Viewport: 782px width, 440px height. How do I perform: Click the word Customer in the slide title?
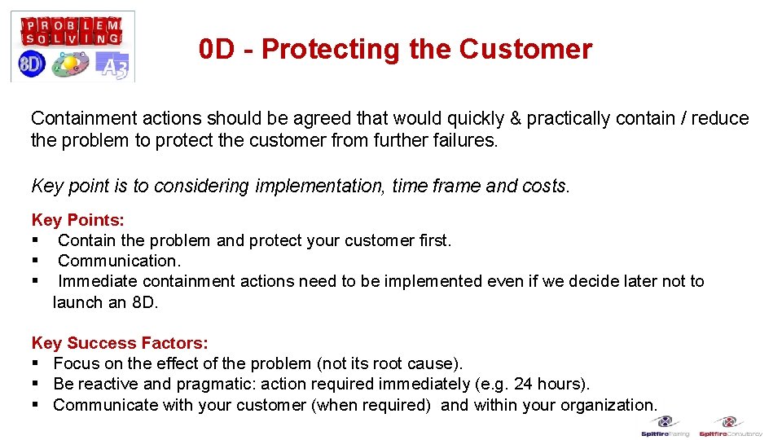pos(525,50)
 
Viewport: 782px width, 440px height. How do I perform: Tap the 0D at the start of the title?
pos(216,50)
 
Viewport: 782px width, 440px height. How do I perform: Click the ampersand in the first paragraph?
pos(515,118)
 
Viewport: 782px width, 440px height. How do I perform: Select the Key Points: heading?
pos(78,220)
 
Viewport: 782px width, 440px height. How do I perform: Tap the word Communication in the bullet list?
pos(119,261)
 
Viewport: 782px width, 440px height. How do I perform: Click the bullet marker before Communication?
pos(36,261)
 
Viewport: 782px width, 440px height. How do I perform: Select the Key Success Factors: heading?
pos(120,343)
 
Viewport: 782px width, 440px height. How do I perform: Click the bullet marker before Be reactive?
pos(36,384)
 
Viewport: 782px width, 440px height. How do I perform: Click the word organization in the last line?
pos(608,405)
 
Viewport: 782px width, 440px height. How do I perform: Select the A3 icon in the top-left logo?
pos(112,64)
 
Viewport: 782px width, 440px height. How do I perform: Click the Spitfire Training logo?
pos(666,426)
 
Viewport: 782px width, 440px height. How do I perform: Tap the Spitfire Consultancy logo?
pos(730,426)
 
